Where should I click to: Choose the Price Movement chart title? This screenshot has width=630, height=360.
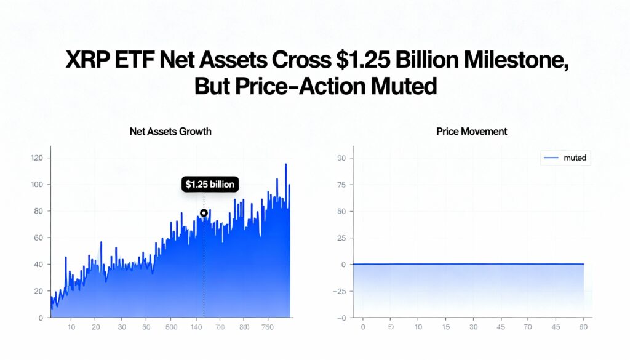point(472,131)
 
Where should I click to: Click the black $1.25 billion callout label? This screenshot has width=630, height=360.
point(210,184)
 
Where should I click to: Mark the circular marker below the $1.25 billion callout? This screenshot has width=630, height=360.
point(204,214)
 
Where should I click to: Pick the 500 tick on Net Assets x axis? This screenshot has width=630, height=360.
point(172,327)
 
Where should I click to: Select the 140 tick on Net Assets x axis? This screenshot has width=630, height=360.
point(197,327)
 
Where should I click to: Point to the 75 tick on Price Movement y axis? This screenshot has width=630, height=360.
point(342,185)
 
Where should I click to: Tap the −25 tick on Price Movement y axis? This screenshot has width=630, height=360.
point(340,291)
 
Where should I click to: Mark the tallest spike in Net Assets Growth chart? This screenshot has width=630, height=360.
point(285,165)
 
